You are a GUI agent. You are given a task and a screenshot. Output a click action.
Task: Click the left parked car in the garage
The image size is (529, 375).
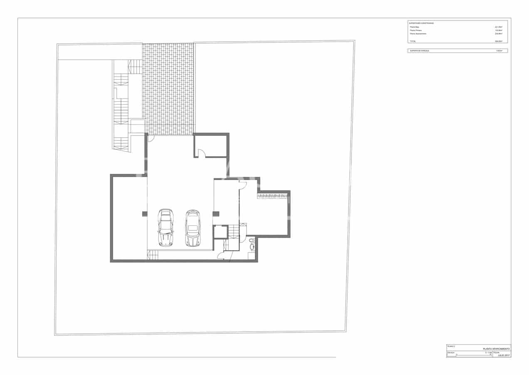point(166,227)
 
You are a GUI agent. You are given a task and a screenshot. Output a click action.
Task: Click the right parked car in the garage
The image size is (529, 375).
point(193,228)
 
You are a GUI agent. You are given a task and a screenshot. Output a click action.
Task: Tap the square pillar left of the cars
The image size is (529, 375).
point(145,214)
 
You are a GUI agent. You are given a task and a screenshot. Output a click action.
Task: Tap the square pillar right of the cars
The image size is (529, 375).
point(216,214)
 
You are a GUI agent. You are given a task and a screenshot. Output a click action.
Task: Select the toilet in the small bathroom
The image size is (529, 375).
point(252,240)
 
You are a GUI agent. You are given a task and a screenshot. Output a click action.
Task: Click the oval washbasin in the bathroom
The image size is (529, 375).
point(252,247)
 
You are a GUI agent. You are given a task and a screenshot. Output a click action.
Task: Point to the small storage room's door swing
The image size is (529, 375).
point(202,153)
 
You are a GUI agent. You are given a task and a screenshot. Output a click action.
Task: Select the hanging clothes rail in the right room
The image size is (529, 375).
point(273,195)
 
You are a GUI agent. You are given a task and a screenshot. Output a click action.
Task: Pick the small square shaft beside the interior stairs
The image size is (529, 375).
point(220,232)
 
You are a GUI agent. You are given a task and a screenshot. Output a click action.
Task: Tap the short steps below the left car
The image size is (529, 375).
point(153,255)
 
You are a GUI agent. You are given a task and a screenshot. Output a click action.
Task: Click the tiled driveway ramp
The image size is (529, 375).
point(168,89)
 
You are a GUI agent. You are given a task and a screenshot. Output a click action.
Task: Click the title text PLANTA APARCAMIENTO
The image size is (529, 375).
point(496,348)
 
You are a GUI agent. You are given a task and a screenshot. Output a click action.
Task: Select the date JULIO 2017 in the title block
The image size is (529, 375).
point(503,355)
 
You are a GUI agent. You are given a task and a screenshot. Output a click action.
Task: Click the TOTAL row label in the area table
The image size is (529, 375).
point(413,41)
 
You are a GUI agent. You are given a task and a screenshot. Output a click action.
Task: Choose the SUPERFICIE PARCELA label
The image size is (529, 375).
point(419,51)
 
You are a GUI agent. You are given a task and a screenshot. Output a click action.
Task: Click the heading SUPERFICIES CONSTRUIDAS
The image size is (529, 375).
point(422,23)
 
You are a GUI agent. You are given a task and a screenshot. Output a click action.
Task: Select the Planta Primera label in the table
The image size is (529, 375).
point(416,30)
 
